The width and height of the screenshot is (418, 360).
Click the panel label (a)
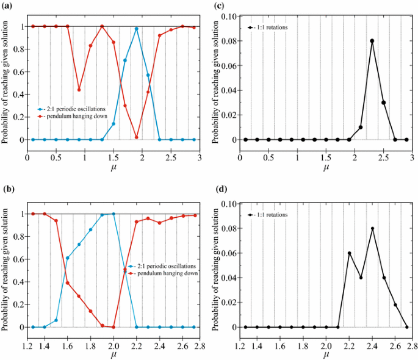point(7,5)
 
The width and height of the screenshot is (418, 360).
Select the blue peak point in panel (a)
point(137,29)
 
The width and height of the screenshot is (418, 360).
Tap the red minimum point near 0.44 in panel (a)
point(79,90)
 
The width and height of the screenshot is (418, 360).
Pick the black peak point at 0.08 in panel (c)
point(372,41)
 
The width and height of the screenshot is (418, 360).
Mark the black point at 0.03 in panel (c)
point(384,103)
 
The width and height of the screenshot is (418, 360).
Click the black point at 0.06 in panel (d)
point(349,253)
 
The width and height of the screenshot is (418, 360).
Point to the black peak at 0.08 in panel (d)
point(372,229)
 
